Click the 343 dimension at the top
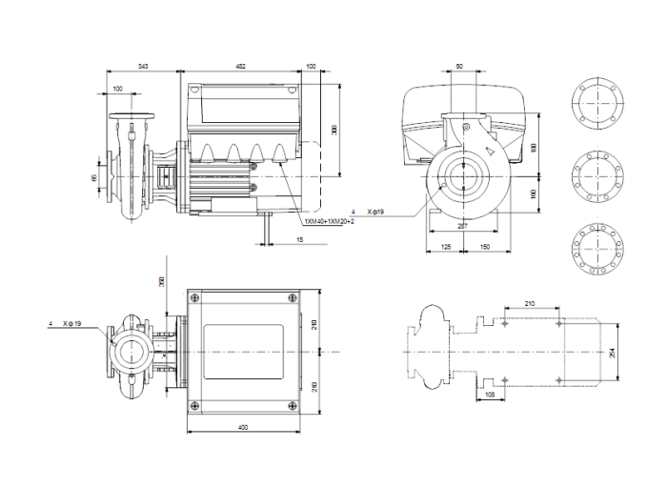pos(143,66)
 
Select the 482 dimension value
pos(240,66)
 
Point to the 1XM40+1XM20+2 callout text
pos(330,221)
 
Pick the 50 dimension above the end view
pos(460,66)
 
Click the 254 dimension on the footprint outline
pos(613,352)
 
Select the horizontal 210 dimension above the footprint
pos(531,304)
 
